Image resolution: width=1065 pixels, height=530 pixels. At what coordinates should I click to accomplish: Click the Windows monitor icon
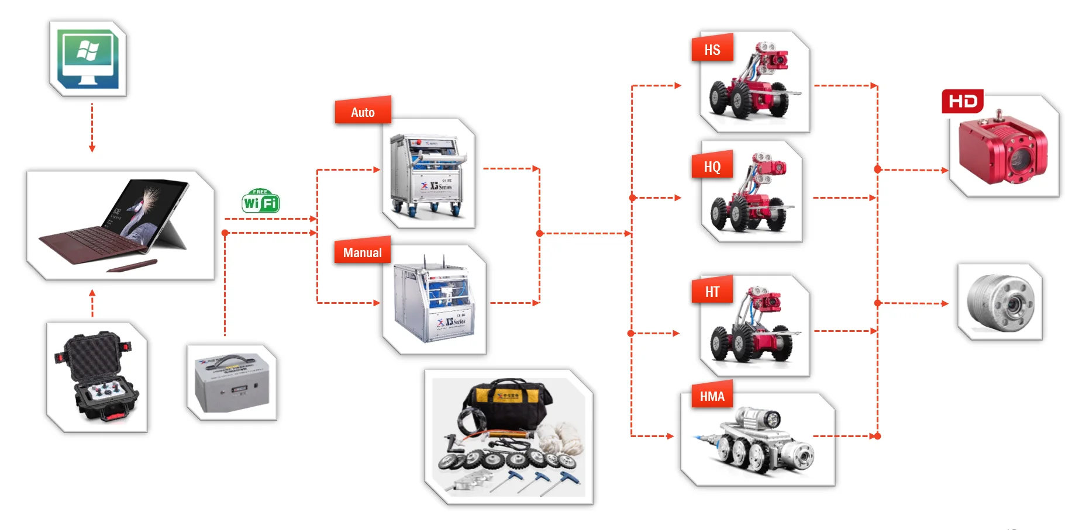click(x=88, y=59)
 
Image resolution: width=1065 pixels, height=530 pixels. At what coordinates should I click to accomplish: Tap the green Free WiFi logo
click(x=260, y=202)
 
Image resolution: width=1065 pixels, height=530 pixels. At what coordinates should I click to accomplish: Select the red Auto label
click(x=363, y=111)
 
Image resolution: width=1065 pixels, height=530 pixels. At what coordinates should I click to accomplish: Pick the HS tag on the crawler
click(x=712, y=50)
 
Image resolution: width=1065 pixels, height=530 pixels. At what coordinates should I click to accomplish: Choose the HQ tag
click(x=712, y=167)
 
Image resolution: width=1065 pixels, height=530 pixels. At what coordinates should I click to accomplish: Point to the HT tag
click(x=712, y=291)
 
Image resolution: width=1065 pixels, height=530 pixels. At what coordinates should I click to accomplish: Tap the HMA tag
click(x=712, y=396)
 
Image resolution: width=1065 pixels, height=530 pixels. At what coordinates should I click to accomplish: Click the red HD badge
click(x=963, y=102)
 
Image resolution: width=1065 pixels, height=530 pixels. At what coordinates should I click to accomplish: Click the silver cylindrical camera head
click(x=1000, y=302)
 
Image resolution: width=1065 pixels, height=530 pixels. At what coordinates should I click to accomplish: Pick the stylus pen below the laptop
click(x=132, y=266)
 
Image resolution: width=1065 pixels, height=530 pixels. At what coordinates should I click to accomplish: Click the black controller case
click(x=97, y=377)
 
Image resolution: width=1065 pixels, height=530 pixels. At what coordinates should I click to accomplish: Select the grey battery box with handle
click(x=232, y=383)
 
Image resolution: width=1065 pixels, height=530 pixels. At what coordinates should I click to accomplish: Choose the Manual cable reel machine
click(x=433, y=301)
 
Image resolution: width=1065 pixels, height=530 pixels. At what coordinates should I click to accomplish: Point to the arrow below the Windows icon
click(x=92, y=129)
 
